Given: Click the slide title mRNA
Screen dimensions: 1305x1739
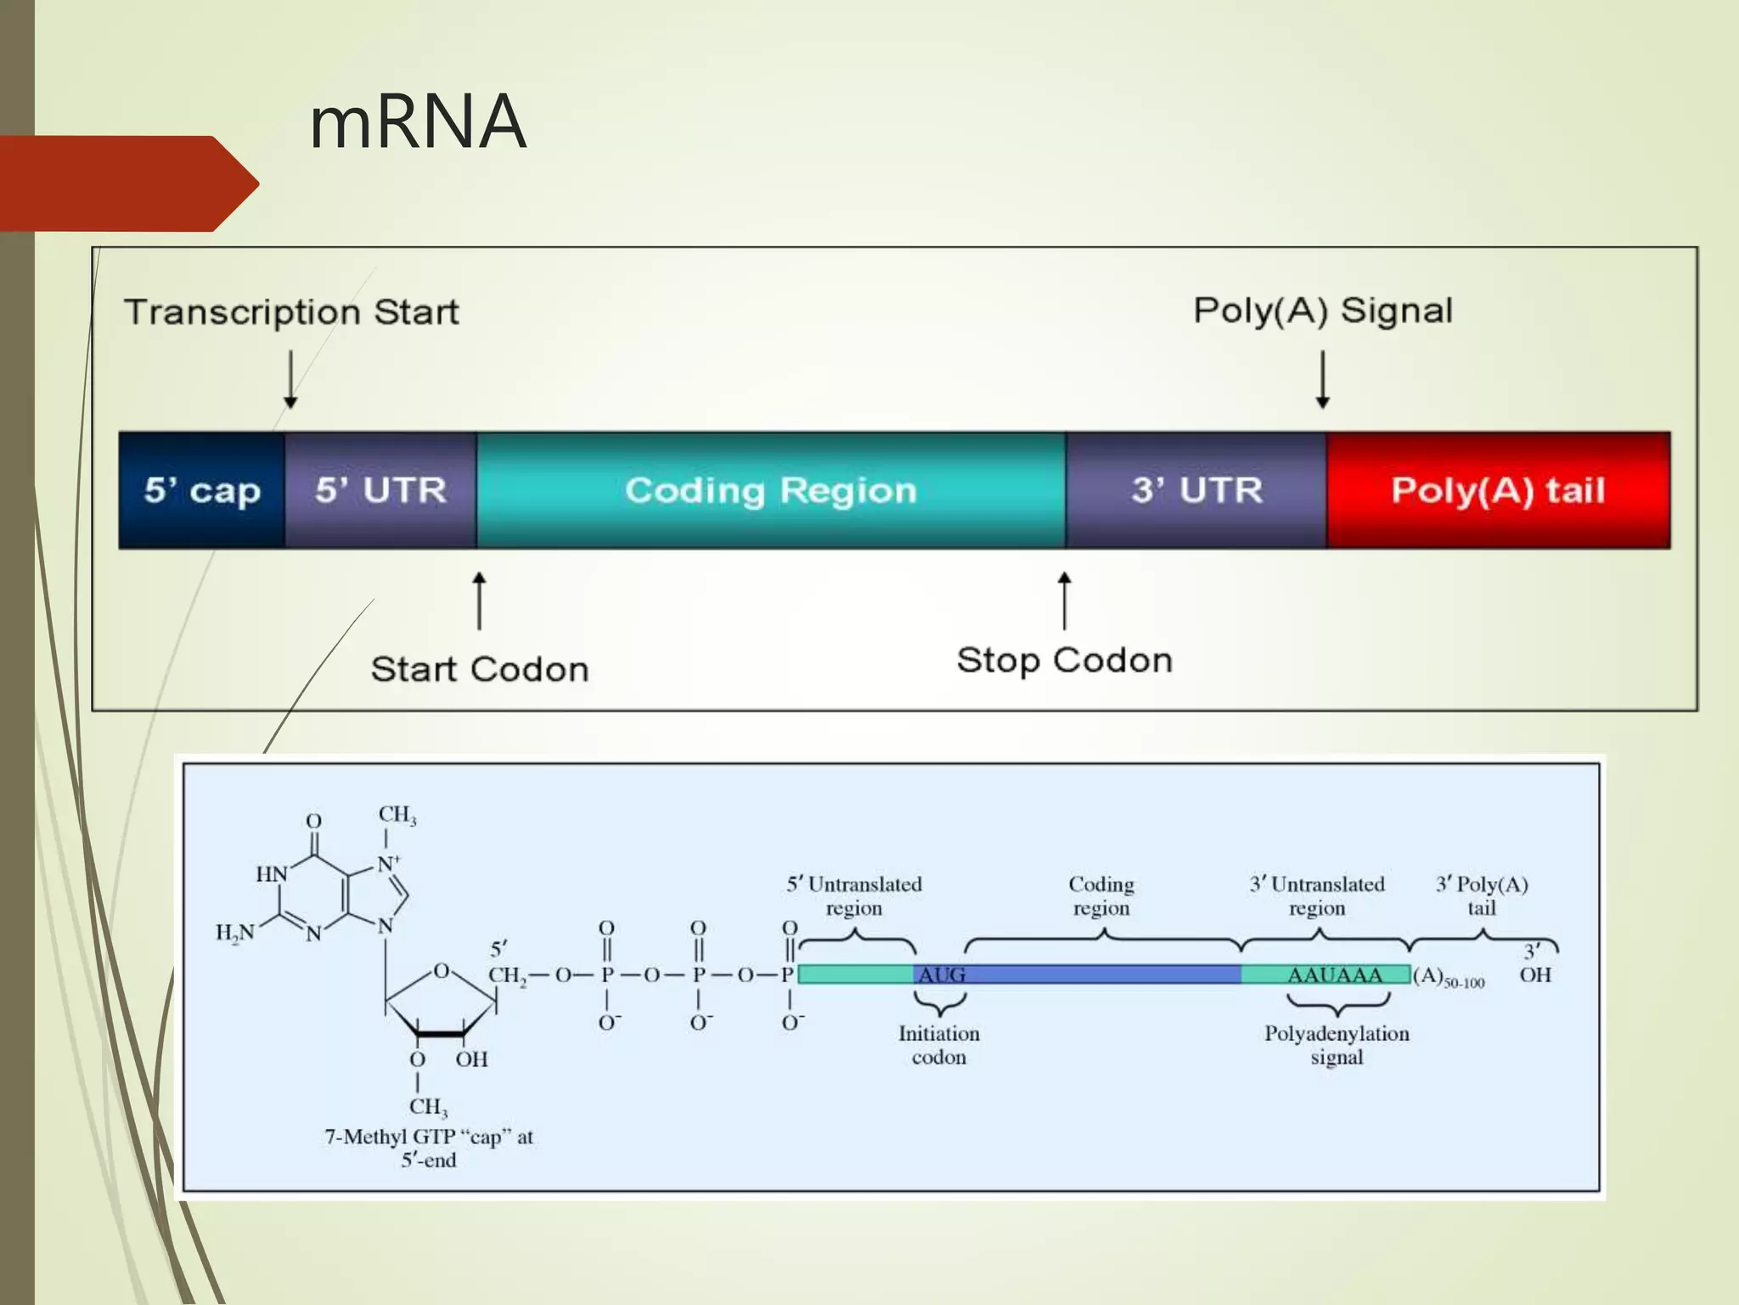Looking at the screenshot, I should click(x=417, y=122).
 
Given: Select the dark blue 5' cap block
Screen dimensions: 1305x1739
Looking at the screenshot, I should click(x=202, y=490).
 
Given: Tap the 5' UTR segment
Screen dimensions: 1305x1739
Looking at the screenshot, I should click(x=380, y=490).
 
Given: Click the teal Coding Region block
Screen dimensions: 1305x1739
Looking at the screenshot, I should click(x=771, y=490).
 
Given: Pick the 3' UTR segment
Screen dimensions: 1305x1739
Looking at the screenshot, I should click(x=1196, y=490).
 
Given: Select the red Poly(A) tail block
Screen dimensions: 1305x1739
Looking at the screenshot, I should click(x=1498, y=490).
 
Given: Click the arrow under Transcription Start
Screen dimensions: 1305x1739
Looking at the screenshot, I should click(x=290, y=379).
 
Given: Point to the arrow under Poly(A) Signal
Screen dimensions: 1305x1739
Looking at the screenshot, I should click(x=1322, y=379).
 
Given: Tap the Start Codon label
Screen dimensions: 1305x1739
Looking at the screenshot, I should click(x=480, y=669).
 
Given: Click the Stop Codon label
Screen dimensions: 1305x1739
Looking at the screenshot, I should click(x=1064, y=660).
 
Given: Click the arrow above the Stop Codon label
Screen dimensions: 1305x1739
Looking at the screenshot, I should click(x=1064, y=600).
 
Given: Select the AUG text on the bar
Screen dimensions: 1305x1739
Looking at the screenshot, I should click(x=941, y=975).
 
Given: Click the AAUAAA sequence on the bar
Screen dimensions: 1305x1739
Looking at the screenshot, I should click(x=1334, y=975).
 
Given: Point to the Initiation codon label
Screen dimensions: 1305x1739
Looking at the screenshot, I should click(x=938, y=1045).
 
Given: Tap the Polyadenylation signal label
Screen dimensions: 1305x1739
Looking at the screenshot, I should click(x=1336, y=1045).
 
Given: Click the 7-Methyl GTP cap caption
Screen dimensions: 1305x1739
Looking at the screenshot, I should click(x=429, y=1148).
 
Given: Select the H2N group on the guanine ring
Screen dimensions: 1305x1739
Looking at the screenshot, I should click(x=234, y=933).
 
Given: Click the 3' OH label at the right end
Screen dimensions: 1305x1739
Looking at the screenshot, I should click(x=1534, y=965).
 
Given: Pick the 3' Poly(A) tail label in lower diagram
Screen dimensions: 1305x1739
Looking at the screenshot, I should click(x=1481, y=895).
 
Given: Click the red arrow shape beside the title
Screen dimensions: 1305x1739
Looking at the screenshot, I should click(x=127, y=184).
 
